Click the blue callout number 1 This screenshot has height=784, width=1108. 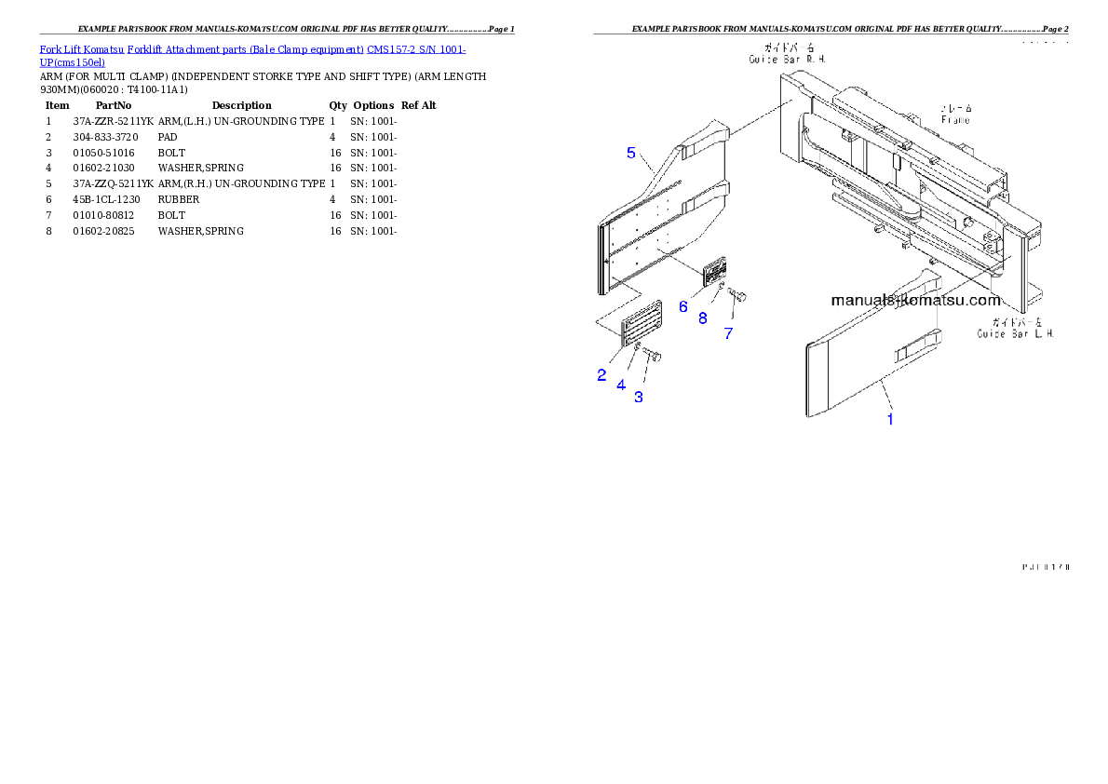point(890,419)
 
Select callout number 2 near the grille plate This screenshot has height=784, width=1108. point(601,375)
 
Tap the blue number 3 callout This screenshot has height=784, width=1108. point(639,397)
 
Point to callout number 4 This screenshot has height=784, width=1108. point(620,384)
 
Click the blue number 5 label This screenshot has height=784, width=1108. point(631,153)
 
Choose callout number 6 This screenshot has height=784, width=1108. point(682,306)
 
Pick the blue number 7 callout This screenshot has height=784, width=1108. point(728,332)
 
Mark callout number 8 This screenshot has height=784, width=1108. point(703,318)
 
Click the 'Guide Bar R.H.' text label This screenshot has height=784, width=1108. point(788,58)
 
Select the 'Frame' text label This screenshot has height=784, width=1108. point(955,119)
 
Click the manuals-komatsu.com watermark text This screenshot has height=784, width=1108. point(915,301)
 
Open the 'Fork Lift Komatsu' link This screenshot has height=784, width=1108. point(82,48)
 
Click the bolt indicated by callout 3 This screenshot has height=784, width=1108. point(652,356)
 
